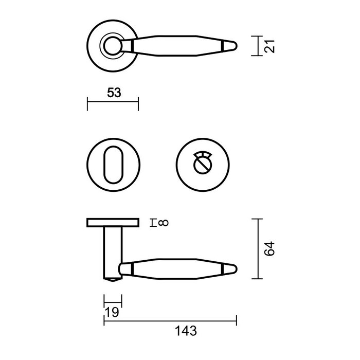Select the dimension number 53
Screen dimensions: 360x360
click(x=114, y=93)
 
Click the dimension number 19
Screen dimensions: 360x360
click(x=112, y=313)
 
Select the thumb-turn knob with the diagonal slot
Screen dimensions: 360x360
click(x=201, y=165)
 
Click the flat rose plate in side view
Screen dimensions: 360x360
click(x=113, y=223)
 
